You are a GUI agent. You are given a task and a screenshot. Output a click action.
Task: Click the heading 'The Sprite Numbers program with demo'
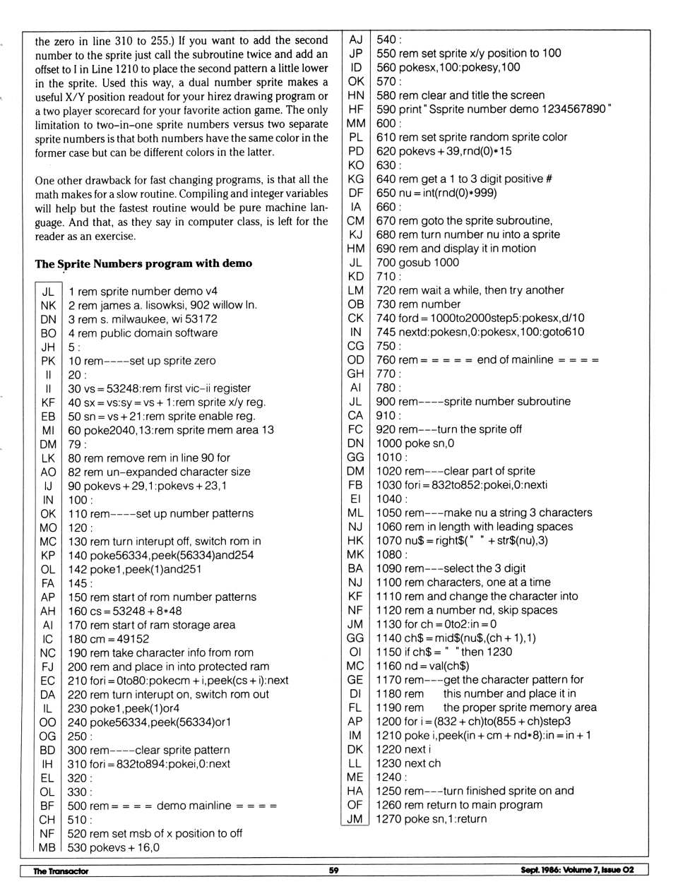(x=143, y=264)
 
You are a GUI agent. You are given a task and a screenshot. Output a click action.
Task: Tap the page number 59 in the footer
(x=333, y=871)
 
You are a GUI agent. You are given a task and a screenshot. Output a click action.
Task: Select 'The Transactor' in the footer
(x=61, y=871)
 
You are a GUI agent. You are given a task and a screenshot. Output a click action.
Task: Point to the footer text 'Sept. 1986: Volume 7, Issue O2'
(x=577, y=870)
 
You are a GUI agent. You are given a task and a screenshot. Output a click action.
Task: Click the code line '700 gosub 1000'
(x=417, y=263)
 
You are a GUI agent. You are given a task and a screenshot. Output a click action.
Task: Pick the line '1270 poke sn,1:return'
(x=432, y=819)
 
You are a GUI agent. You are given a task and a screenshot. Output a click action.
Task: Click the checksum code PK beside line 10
(x=47, y=361)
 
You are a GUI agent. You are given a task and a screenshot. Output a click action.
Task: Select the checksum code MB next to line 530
(x=47, y=847)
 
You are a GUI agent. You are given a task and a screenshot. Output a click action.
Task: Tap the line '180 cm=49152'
(x=108, y=639)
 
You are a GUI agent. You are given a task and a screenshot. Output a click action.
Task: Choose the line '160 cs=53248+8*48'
(x=124, y=611)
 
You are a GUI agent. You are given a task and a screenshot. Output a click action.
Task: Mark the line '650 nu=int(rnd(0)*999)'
(x=436, y=193)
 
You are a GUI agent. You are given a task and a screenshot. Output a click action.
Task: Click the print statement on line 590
(x=494, y=109)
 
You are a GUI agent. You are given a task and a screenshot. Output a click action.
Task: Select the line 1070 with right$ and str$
(x=462, y=541)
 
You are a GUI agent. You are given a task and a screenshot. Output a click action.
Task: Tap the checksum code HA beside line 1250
(x=355, y=791)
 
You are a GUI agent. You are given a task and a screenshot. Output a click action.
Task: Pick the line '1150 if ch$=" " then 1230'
(x=444, y=652)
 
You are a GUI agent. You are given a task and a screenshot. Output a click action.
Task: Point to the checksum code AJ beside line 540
(x=356, y=40)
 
